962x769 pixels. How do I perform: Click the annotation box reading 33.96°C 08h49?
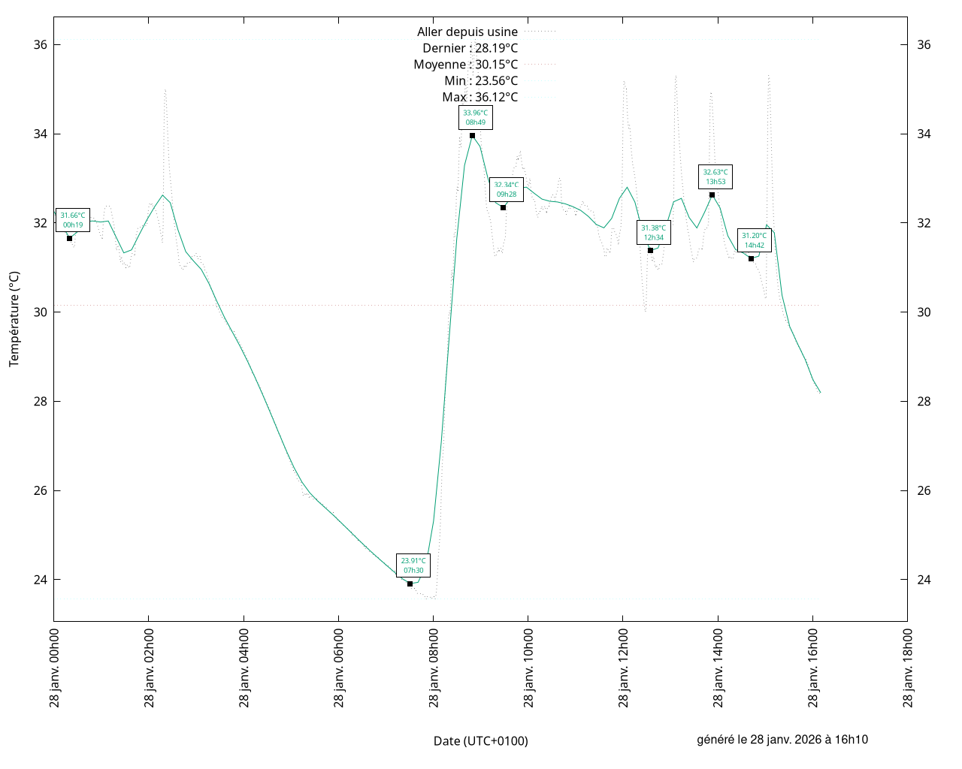475,118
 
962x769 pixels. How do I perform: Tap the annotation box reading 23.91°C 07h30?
413,565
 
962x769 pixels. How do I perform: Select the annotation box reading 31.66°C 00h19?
73,220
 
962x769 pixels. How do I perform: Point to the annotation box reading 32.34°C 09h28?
507,189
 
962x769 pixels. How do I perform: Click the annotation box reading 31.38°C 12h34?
654,233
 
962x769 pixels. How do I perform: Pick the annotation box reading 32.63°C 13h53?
715,176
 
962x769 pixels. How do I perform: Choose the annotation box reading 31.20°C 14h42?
755,240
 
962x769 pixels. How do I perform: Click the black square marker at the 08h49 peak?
472,135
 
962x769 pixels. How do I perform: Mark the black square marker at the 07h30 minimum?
410,584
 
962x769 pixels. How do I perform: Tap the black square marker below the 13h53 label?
712,195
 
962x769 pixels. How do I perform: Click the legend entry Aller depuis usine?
467,32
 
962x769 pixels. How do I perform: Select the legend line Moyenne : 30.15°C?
466,65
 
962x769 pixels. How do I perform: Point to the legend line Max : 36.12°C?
480,97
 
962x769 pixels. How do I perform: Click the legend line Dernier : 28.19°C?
470,48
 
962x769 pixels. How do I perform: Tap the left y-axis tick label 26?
41,490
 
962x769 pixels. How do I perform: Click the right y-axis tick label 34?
924,134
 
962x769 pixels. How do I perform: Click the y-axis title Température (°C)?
14,319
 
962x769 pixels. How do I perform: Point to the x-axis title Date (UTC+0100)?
481,741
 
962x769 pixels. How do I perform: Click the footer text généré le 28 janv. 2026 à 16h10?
782,740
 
